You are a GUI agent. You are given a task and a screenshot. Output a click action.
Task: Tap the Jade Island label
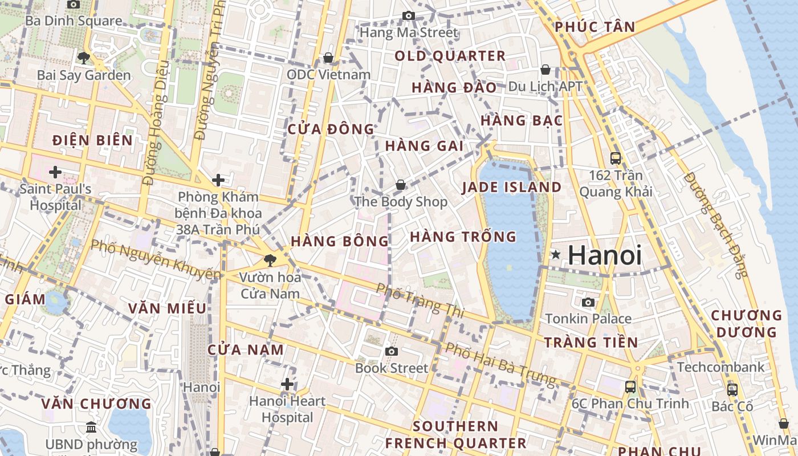(x=511, y=187)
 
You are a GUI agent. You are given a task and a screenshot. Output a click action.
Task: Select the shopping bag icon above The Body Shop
(x=401, y=185)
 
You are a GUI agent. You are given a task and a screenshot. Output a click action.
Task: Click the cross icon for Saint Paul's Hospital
(x=55, y=172)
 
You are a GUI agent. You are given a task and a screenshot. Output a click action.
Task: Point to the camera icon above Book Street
(x=391, y=351)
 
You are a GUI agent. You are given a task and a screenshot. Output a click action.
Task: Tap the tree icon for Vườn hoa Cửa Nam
(x=269, y=261)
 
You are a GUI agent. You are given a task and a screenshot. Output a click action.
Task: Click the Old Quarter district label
(x=450, y=56)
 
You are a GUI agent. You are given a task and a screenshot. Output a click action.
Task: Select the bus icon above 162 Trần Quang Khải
(x=616, y=158)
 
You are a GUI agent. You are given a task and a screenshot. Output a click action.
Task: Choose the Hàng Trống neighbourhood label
(x=463, y=236)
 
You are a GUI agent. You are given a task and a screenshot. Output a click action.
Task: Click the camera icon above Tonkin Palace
(x=588, y=302)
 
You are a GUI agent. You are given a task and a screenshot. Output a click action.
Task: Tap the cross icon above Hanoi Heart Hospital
(x=287, y=384)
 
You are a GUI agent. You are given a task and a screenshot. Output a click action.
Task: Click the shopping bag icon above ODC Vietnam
(x=328, y=58)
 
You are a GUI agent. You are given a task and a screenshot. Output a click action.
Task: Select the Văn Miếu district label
(x=167, y=308)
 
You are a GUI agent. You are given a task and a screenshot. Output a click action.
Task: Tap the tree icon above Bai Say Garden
(x=84, y=58)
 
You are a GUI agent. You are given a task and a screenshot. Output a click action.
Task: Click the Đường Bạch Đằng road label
(x=715, y=225)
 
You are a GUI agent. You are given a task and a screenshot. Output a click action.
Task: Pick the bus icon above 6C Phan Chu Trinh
(x=630, y=386)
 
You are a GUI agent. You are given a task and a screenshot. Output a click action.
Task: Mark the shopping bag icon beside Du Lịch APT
(x=545, y=70)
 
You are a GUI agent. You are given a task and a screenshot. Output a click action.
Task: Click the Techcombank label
(x=720, y=367)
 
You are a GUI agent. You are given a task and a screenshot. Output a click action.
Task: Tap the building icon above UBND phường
(x=91, y=427)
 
